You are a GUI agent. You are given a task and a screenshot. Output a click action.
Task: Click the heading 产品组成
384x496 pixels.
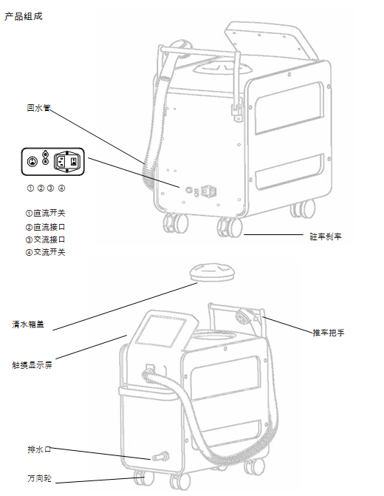tap(24, 16)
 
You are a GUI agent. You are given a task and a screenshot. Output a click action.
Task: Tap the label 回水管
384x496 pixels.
tap(38, 108)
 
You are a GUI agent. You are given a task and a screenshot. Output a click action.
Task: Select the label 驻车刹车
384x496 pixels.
tap(325, 237)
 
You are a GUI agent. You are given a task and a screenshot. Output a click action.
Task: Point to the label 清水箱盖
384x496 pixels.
tap(28, 325)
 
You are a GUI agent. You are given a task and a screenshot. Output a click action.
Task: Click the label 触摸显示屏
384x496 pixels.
tap(32, 365)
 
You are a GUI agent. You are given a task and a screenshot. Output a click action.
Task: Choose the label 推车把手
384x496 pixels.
tap(329, 333)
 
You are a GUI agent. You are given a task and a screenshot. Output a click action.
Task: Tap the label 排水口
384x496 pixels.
tap(39, 449)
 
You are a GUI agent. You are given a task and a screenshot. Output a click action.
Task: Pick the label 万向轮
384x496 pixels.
tap(39, 478)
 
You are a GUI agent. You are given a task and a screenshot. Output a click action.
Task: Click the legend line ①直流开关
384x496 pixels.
tap(45, 213)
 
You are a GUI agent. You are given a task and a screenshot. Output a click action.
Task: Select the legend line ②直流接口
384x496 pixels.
tap(45, 227)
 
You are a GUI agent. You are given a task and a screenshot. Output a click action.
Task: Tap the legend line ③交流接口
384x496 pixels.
tap(45, 239)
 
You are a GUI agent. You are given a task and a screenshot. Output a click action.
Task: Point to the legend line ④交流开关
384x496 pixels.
tap(45, 252)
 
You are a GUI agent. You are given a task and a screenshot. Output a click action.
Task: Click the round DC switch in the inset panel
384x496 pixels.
tap(32, 162)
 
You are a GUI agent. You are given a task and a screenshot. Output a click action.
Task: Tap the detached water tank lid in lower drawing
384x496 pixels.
tap(212, 273)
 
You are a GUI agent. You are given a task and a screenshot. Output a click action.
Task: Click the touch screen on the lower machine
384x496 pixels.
tap(161, 331)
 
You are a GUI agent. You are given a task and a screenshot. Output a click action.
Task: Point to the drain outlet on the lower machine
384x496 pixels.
tap(160, 457)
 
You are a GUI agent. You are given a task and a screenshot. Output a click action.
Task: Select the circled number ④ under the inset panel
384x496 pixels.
tap(61, 188)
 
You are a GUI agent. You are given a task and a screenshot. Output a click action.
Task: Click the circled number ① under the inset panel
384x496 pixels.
tap(30, 188)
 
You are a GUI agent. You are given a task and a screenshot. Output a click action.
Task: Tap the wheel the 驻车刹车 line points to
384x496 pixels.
tap(230, 227)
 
